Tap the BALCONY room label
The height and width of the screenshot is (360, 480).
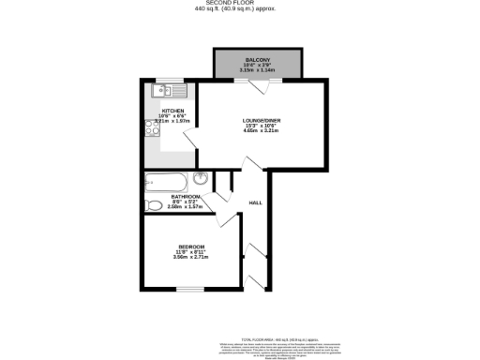[x=257, y=59]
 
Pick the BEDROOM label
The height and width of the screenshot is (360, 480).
[x=178, y=246]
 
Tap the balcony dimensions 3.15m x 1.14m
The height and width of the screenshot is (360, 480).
[x=257, y=69]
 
